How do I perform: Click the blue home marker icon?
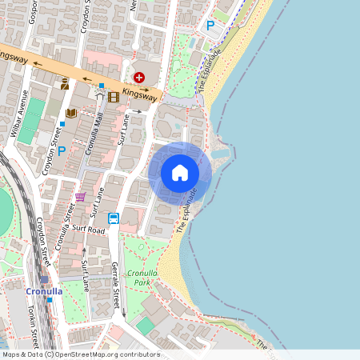point(180,173)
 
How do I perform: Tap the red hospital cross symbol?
point(140,77)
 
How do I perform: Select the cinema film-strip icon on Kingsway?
point(113,97)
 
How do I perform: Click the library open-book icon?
point(71,114)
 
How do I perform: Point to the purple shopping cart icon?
point(80,196)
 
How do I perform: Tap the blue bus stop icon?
point(114,218)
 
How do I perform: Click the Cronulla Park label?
point(142,278)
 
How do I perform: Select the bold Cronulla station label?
point(44,291)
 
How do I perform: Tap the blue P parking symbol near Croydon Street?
point(62,150)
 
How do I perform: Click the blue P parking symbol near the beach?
point(210,26)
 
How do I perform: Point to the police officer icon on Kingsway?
point(65,84)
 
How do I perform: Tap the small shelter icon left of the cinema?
point(99,94)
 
